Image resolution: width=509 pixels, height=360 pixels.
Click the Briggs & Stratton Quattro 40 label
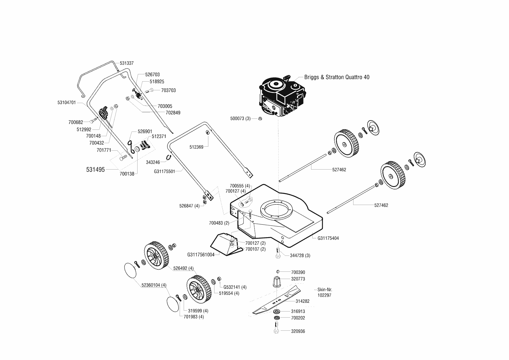(x=337, y=77)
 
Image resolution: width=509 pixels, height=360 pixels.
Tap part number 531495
(x=95, y=170)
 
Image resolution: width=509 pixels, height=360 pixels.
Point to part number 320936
(x=298, y=331)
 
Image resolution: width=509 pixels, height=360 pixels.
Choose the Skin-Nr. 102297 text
(x=324, y=292)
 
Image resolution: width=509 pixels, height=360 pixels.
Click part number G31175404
(x=328, y=238)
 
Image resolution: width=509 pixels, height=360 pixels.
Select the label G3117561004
(x=201, y=255)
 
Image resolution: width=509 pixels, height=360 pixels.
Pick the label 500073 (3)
(x=240, y=118)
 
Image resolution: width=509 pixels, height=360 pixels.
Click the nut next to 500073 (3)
(x=260, y=118)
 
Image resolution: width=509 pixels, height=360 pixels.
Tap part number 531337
(x=127, y=63)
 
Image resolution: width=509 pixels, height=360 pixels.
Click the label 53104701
(x=67, y=102)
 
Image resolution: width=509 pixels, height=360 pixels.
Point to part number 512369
(x=196, y=147)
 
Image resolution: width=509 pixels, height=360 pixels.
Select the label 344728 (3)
(x=300, y=255)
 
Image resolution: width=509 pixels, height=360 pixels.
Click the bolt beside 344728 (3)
(x=277, y=253)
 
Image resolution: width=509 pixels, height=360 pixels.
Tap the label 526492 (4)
(x=183, y=268)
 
